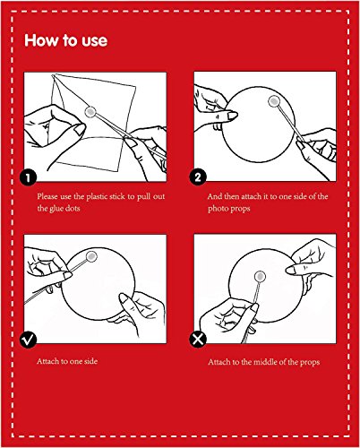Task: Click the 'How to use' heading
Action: (x=65, y=40)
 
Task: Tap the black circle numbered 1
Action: (x=28, y=177)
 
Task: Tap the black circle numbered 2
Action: (x=198, y=177)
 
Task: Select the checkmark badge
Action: (x=28, y=340)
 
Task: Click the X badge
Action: (x=198, y=340)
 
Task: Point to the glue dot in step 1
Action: (x=90, y=112)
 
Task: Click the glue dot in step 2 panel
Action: (x=274, y=101)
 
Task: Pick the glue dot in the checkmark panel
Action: (x=91, y=256)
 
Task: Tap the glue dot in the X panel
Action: (x=261, y=276)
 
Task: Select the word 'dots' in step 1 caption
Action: (x=73, y=208)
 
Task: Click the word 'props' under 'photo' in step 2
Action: (x=240, y=209)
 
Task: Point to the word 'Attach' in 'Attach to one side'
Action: (x=48, y=361)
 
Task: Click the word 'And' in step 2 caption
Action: (x=214, y=196)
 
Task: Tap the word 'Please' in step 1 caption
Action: (x=47, y=196)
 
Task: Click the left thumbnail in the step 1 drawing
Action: (x=80, y=129)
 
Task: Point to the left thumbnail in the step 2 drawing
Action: (x=232, y=116)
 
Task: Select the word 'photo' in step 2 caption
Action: (x=219, y=209)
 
